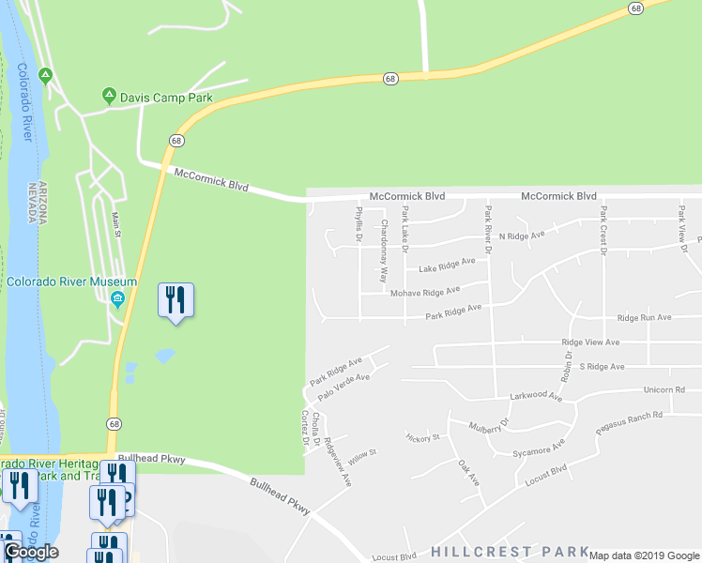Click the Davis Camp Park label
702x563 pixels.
point(165,98)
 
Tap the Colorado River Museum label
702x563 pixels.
point(72,281)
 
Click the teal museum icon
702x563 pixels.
point(117,299)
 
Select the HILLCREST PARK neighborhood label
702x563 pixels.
point(510,551)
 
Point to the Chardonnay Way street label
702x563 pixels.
point(384,251)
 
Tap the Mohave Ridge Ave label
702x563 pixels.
point(425,294)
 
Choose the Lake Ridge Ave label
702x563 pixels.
point(447,266)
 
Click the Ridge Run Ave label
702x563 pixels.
point(644,318)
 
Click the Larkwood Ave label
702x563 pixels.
point(535,397)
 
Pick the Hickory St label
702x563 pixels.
point(422,437)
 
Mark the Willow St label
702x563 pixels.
point(361,456)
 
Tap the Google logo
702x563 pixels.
point(30,552)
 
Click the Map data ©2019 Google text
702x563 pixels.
point(644,555)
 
